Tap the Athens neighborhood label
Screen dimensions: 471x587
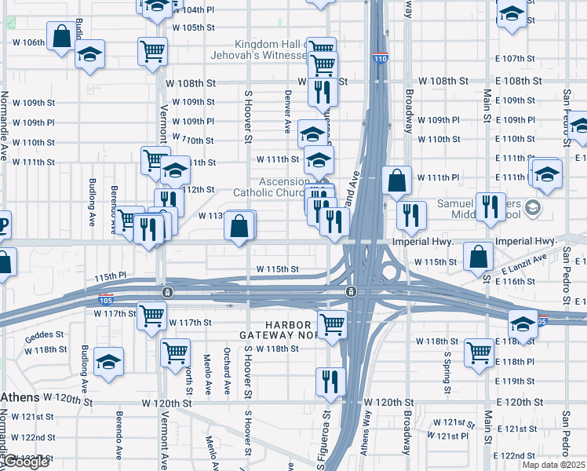pyautogui.click(x=20, y=397)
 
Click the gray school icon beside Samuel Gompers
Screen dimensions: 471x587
pyautogui.click(x=534, y=207)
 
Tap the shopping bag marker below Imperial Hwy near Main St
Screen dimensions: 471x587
pyautogui.click(x=478, y=255)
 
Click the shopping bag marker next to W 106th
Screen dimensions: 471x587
pyautogui.click(x=61, y=36)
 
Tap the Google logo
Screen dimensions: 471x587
pyautogui.click(x=25, y=462)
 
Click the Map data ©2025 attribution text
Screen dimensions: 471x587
pyautogui.click(x=553, y=465)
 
